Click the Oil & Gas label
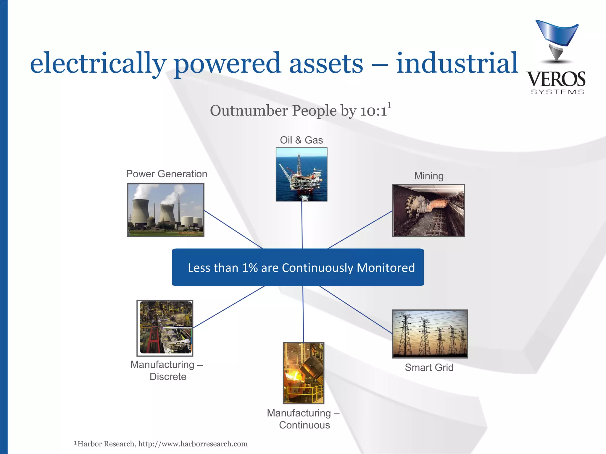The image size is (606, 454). pyautogui.click(x=301, y=140)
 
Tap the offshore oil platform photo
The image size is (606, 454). pyautogui.click(x=302, y=174)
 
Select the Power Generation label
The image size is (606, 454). pyautogui.click(x=167, y=174)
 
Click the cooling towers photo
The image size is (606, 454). pyautogui.click(x=166, y=210)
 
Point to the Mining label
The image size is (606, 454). pyautogui.click(x=429, y=176)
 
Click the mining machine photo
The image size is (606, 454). pyautogui.click(x=428, y=210)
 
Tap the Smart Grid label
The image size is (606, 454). pyautogui.click(x=429, y=367)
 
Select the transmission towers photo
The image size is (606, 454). pyautogui.click(x=430, y=334)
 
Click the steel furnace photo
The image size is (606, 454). pyautogui.click(x=304, y=373)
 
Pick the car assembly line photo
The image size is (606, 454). pyautogui.click(x=165, y=328)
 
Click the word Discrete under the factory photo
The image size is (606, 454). pyautogui.click(x=168, y=377)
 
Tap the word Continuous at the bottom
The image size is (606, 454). pyautogui.click(x=304, y=425)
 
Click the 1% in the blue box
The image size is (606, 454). pyautogui.click(x=250, y=268)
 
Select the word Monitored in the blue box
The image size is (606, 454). pyautogui.click(x=386, y=268)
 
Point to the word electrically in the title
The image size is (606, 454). pyautogui.click(x=98, y=63)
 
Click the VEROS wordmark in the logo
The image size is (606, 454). pyautogui.click(x=556, y=79)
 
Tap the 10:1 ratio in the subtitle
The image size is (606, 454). pyautogui.click(x=373, y=111)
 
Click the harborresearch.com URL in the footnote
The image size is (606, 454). pyautogui.click(x=193, y=444)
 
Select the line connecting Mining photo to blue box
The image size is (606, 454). pyautogui.click(x=360, y=230)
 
